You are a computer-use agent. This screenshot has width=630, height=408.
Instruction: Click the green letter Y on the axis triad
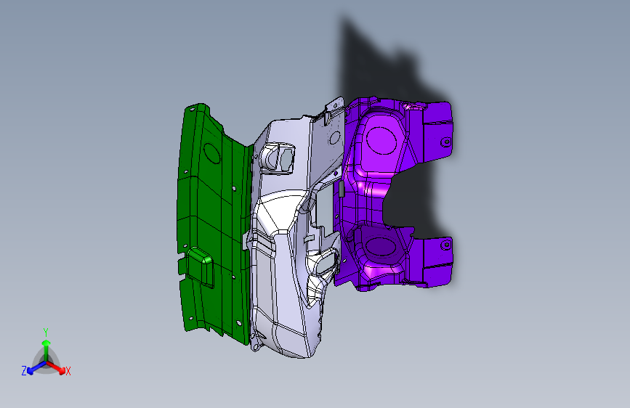coord(45,332)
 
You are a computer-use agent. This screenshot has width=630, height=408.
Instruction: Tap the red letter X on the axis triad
coord(68,372)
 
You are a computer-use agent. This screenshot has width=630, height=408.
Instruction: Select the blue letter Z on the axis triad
coord(24,371)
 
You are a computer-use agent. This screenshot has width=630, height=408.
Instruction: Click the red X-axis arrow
coord(58,367)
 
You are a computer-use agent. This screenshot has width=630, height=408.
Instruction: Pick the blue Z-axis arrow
coord(33,368)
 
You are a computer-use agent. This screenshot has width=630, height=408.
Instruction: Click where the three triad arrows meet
coord(46,361)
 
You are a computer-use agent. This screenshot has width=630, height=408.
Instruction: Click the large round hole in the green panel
coord(212,153)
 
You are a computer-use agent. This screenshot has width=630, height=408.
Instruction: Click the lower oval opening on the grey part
coord(323,264)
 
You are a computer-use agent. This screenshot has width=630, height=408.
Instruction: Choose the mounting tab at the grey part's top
coord(333,107)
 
